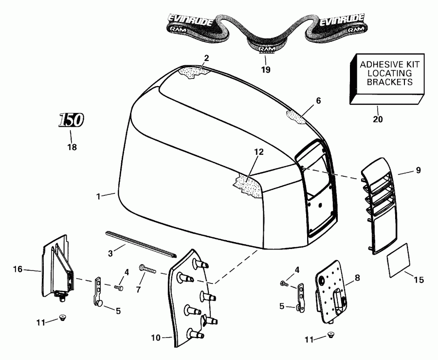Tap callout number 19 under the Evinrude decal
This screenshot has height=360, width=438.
[x=265, y=70]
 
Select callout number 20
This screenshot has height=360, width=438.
[x=378, y=118]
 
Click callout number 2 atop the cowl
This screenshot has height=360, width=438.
[x=206, y=58]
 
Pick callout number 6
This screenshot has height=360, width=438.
[x=318, y=101]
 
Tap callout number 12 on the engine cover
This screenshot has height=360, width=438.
[x=258, y=152]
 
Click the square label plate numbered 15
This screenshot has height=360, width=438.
[x=399, y=264]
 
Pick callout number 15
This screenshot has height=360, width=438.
[x=419, y=280]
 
